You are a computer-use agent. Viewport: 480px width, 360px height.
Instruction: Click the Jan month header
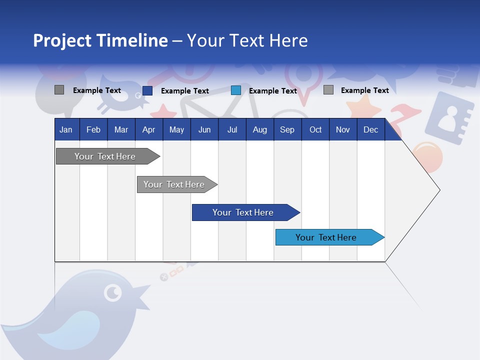66,129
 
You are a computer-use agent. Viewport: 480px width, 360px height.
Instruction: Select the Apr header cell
149,129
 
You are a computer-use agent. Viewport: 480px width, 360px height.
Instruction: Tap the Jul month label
232,129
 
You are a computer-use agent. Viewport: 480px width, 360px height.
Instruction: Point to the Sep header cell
287,129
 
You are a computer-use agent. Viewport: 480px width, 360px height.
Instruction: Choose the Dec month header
370,129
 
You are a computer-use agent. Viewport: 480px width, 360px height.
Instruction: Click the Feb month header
93,129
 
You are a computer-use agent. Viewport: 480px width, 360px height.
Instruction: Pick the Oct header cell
315,129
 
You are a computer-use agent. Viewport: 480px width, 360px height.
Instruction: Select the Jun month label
204,129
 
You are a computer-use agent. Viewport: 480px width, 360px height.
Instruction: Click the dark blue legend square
147,90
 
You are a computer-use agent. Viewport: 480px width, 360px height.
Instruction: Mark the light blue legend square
236,90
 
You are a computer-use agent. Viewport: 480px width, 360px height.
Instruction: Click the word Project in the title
63,40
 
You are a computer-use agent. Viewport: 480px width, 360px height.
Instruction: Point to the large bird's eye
113,292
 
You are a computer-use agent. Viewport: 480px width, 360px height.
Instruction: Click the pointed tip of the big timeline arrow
439,190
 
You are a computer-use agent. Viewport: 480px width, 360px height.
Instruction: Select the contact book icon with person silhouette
453,119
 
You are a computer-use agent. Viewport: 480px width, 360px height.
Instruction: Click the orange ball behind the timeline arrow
429,156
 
